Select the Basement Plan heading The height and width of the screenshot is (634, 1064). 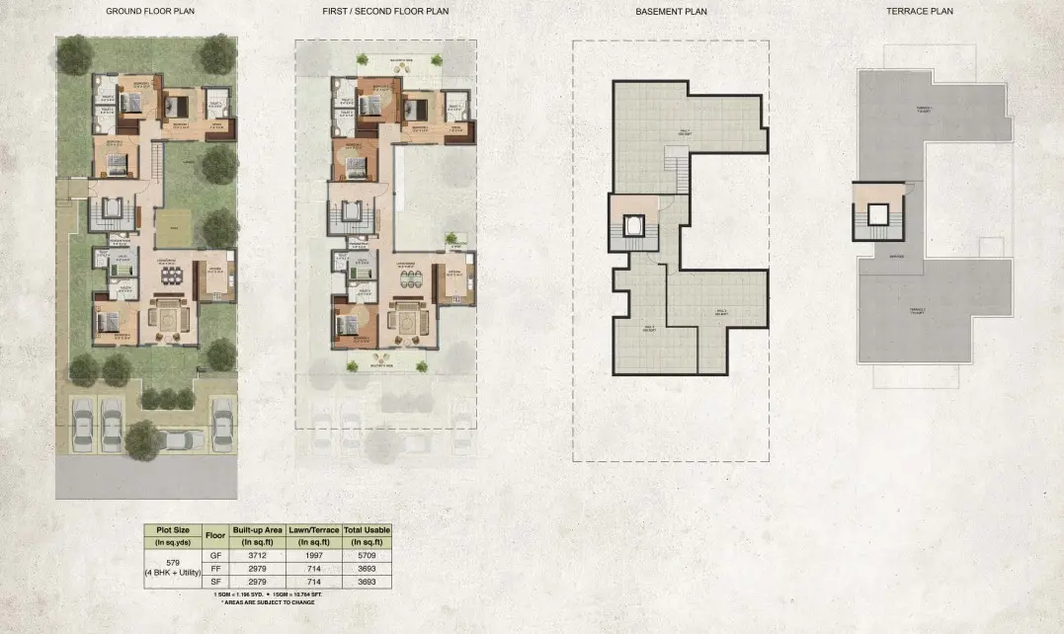click(671, 12)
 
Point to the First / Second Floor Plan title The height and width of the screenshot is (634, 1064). click(386, 12)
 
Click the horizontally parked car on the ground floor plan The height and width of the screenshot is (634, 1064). click(178, 439)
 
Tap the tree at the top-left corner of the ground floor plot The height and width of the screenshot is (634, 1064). click(75, 55)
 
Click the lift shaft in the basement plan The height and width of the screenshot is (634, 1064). click(633, 226)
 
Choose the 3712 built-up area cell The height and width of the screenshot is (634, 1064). click(258, 555)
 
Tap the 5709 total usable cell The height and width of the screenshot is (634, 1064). click(367, 555)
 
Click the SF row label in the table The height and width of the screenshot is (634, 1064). click(215, 582)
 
